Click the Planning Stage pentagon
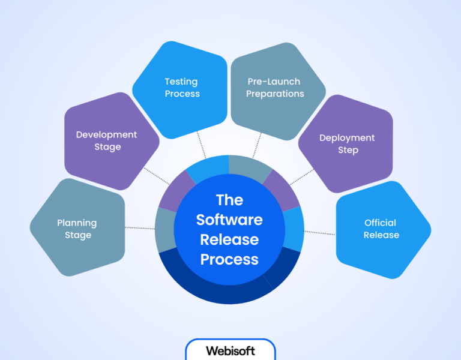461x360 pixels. pyautogui.click(x=77, y=229)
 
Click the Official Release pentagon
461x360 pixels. pyautogui.click(x=381, y=229)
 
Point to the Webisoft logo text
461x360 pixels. pyautogui.click(x=230, y=350)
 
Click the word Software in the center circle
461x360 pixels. pyautogui.click(x=229, y=220)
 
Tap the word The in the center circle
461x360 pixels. pyautogui.click(x=229, y=199)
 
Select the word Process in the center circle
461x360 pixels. pyautogui.click(x=229, y=260)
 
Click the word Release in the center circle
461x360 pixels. pyautogui.click(x=229, y=239)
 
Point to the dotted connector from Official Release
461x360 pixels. pyautogui.click(x=320, y=232)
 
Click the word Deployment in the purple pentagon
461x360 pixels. pyautogui.click(x=347, y=138)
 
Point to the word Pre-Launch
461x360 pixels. pyautogui.click(x=274, y=82)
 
